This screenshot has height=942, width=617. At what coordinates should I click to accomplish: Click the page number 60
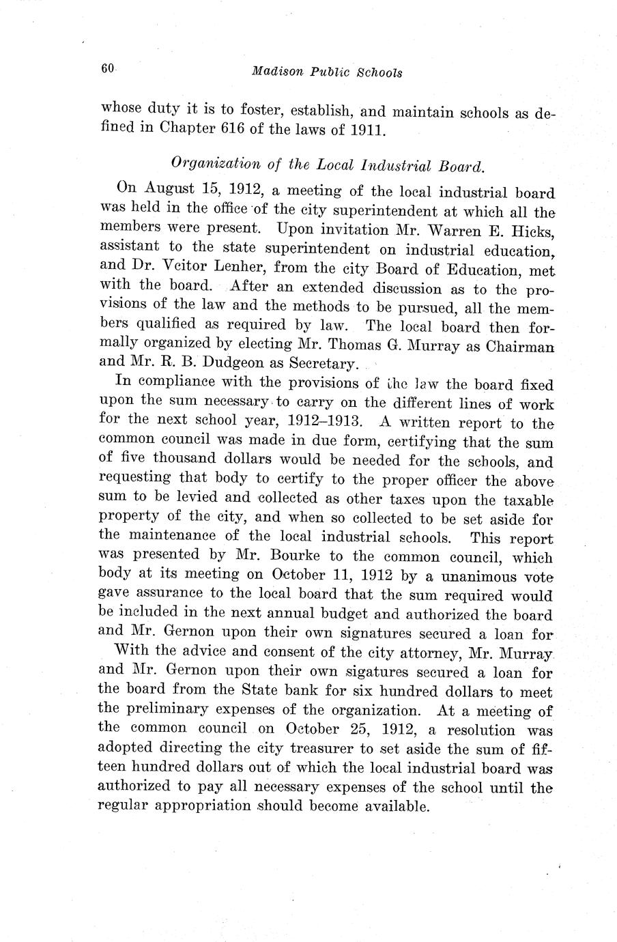coord(106,68)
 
